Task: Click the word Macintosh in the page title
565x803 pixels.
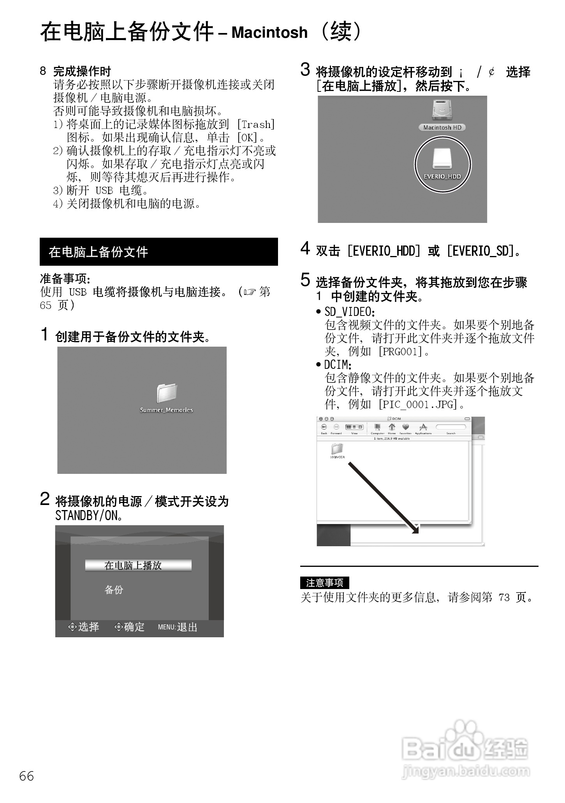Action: point(269,33)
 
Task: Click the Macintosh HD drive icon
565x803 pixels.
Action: point(442,110)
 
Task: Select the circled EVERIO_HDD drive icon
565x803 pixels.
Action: point(442,160)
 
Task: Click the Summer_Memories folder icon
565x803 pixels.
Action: point(167,393)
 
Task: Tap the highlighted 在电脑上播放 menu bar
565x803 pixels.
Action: point(138,565)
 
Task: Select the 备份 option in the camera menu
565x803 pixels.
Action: point(114,590)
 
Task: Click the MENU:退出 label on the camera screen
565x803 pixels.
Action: point(178,627)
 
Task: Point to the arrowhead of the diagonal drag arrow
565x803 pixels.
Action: point(415,529)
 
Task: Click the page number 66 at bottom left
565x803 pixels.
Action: point(26,776)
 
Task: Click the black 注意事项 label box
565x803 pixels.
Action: point(324,583)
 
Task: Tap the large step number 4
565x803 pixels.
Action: point(305,248)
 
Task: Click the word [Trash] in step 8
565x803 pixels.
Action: point(256,124)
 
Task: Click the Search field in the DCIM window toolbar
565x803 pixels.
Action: point(451,427)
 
